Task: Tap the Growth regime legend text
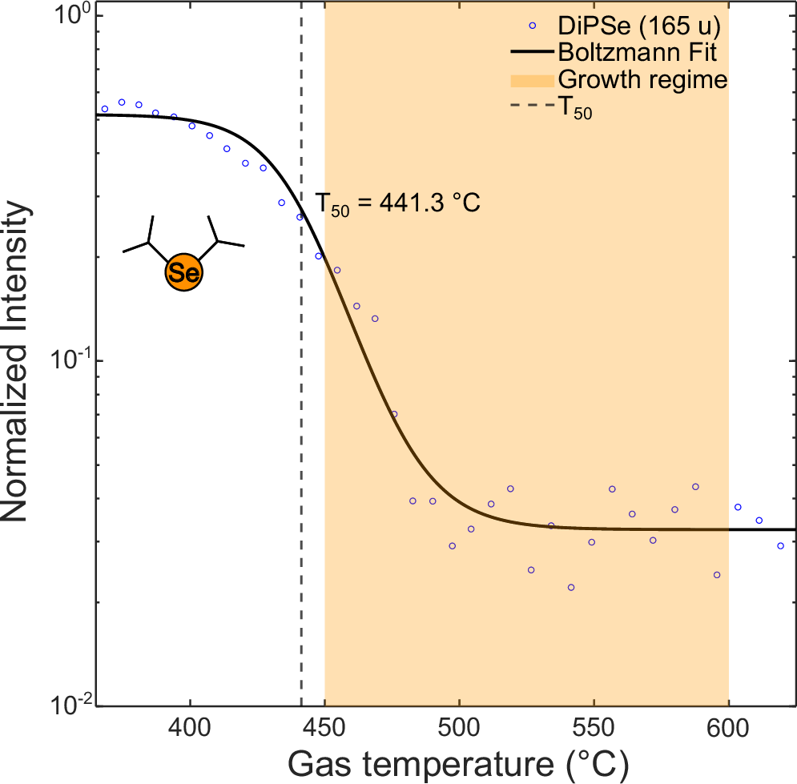[x=642, y=80]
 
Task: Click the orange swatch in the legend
[x=532, y=81]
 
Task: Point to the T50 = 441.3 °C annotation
[x=398, y=204]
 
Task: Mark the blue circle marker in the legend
[x=532, y=27]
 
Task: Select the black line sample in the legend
[x=532, y=54]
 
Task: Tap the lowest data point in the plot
[x=571, y=587]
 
